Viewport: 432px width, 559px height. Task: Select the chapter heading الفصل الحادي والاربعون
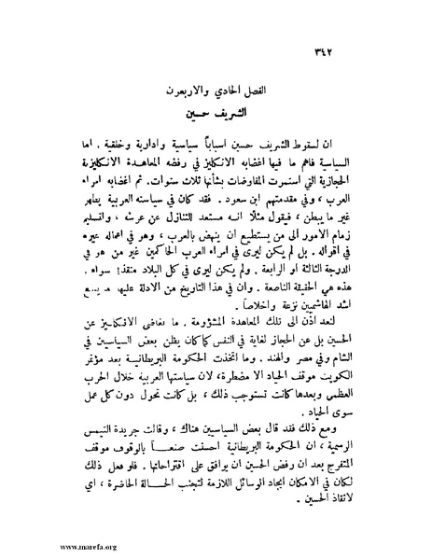click(219, 91)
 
